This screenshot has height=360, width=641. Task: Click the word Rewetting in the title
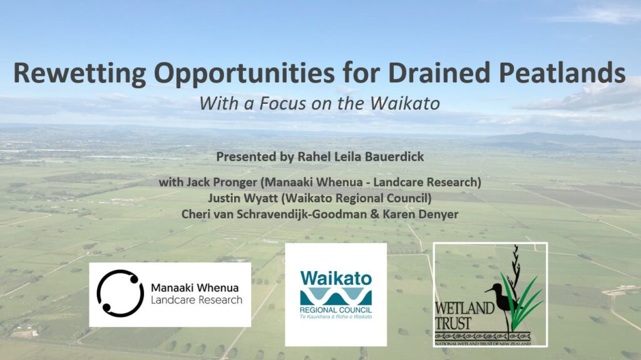(79, 74)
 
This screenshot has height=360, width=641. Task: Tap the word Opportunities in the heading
(245, 74)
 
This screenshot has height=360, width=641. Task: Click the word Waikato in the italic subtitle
(405, 103)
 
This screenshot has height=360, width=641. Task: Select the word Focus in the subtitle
(283, 103)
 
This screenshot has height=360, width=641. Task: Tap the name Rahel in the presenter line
(312, 157)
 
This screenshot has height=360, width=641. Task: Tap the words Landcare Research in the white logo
(197, 301)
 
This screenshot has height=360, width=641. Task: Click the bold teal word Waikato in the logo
(336, 279)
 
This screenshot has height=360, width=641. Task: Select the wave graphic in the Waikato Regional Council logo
(336, 297)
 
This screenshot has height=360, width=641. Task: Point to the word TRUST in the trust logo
(453, 324)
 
